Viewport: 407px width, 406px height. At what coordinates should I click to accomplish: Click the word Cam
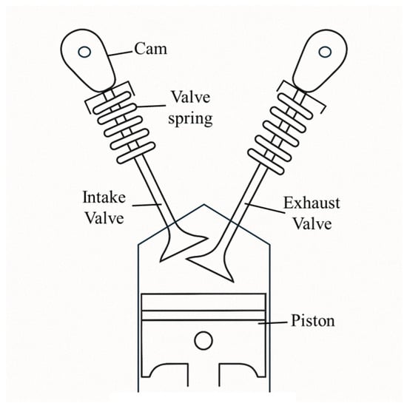click(150, 49)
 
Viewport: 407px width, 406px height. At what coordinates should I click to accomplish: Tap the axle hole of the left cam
click(84, 52)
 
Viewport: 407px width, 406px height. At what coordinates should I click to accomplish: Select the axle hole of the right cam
click(325, 52)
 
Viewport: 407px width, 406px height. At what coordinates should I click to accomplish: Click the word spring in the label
click(190, 119)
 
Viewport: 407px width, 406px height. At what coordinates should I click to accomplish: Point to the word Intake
click(104, 197)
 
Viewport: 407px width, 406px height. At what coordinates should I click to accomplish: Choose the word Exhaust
click(312, 203)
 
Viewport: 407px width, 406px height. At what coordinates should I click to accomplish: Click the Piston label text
click(313, 321)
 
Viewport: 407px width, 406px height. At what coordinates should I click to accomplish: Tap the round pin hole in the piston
click(203, 340)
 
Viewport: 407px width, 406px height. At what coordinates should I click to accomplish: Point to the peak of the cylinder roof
click(203, 204)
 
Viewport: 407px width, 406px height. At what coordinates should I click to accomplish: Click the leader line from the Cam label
click(120, 53)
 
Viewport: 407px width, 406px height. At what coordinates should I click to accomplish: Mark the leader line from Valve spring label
click(151, 106)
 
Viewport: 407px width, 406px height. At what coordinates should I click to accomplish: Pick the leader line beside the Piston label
click(272, 322)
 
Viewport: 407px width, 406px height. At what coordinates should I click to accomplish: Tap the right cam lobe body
click(321, 61)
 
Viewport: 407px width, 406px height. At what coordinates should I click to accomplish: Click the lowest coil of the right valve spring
click(266, 161)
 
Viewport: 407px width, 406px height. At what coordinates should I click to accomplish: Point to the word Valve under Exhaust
click(312, 223)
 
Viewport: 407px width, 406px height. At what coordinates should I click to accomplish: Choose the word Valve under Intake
click(104, 218)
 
